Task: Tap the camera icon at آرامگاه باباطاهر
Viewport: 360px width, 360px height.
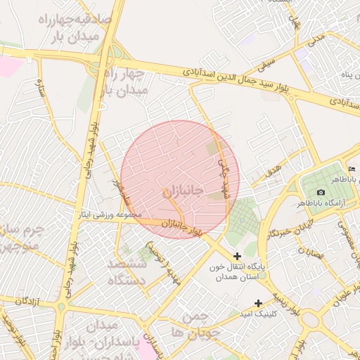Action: [x=321, y=193]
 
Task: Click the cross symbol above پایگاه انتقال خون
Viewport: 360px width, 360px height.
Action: [x=237, y=256]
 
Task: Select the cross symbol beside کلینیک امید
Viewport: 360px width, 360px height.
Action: [x=259, y=303]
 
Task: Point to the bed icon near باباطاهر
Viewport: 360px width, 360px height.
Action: [x=352, y=169]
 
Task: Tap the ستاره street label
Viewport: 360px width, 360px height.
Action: [x=40, y=88]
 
